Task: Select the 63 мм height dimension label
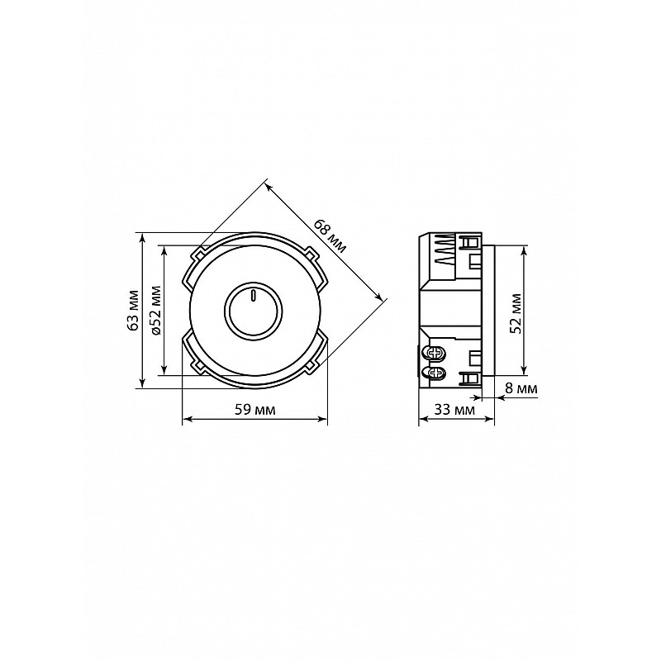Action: tap(133, 311)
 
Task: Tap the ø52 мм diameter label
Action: tap(155, 311)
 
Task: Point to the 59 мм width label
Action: tap(254, 409)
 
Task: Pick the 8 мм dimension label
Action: tap(521, 388)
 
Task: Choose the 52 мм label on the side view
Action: tap(515, 313)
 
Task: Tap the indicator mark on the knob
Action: tap(253, 296)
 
